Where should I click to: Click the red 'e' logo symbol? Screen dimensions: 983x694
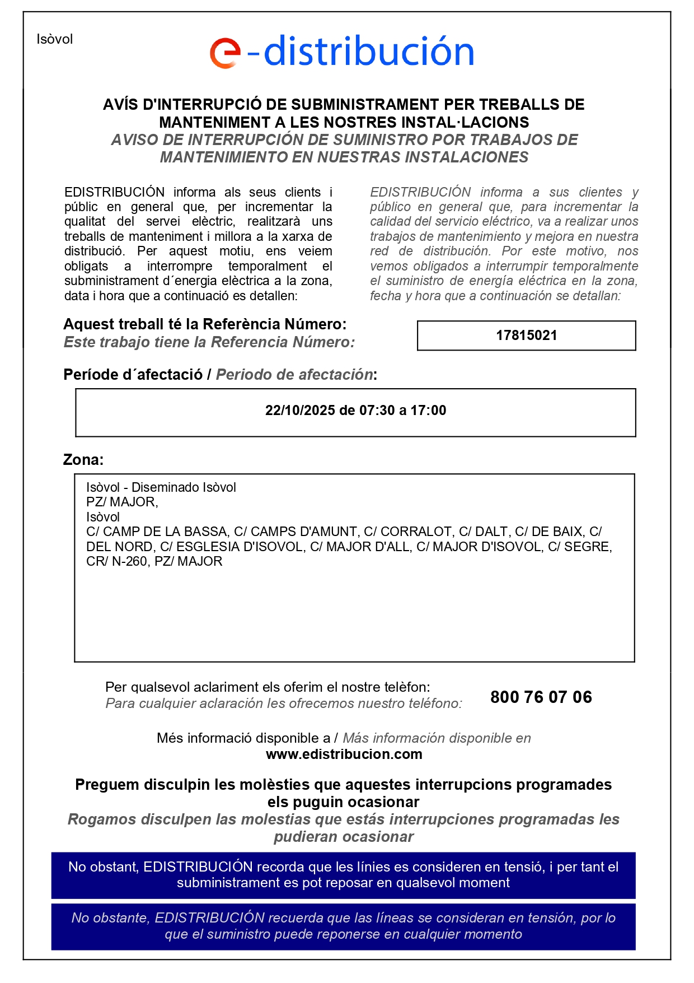point(225,53)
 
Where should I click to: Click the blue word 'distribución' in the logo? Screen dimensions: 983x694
point(368,51)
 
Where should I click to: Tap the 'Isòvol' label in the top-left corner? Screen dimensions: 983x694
point(55,39)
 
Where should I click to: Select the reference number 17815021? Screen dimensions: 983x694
point(526,336)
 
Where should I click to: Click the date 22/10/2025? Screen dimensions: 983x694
point(299,411)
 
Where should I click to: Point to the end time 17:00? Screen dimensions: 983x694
point(428,411)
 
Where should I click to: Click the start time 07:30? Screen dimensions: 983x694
point(377,411)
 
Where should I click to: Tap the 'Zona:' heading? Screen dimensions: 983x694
point(83,460)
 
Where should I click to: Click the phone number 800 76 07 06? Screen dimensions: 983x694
point(541,697)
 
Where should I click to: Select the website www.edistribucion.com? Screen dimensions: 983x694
point(344,754)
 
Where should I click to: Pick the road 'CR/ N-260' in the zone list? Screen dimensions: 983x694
point(116,561)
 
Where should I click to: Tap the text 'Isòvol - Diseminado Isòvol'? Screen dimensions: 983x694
point(161,487)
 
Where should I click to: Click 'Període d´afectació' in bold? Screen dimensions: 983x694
point(133,375)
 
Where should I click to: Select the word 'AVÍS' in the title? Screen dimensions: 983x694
point(121,105)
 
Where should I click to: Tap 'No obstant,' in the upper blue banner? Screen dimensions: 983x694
point(104,867)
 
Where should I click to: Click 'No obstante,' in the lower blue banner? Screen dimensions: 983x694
point(111,918)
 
